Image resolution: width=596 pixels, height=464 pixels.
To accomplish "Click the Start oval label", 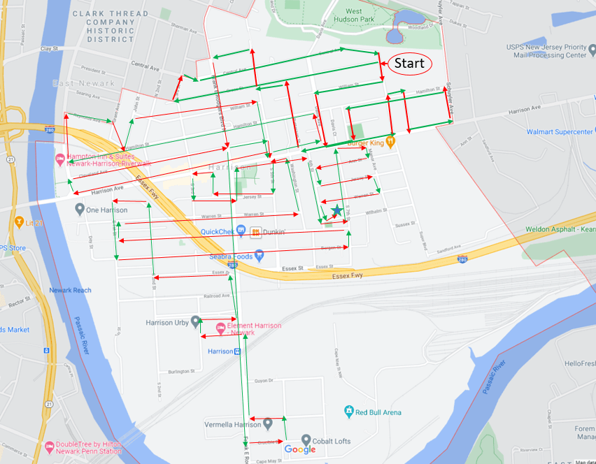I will point(409,64).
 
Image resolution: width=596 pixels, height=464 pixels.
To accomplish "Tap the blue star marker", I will point(337,210).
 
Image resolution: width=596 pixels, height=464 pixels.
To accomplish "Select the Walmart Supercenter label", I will point(558,131).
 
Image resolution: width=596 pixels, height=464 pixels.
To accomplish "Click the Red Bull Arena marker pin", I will point(347,412).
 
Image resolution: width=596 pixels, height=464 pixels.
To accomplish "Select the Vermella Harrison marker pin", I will point(267,424).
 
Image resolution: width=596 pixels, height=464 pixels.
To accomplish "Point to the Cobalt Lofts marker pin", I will point(306,440).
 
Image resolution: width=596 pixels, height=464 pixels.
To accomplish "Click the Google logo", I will point(300,449).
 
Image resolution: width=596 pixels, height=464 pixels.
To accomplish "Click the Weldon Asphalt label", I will point(559,229).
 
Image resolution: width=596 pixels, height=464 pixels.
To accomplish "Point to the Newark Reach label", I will point(70,290).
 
